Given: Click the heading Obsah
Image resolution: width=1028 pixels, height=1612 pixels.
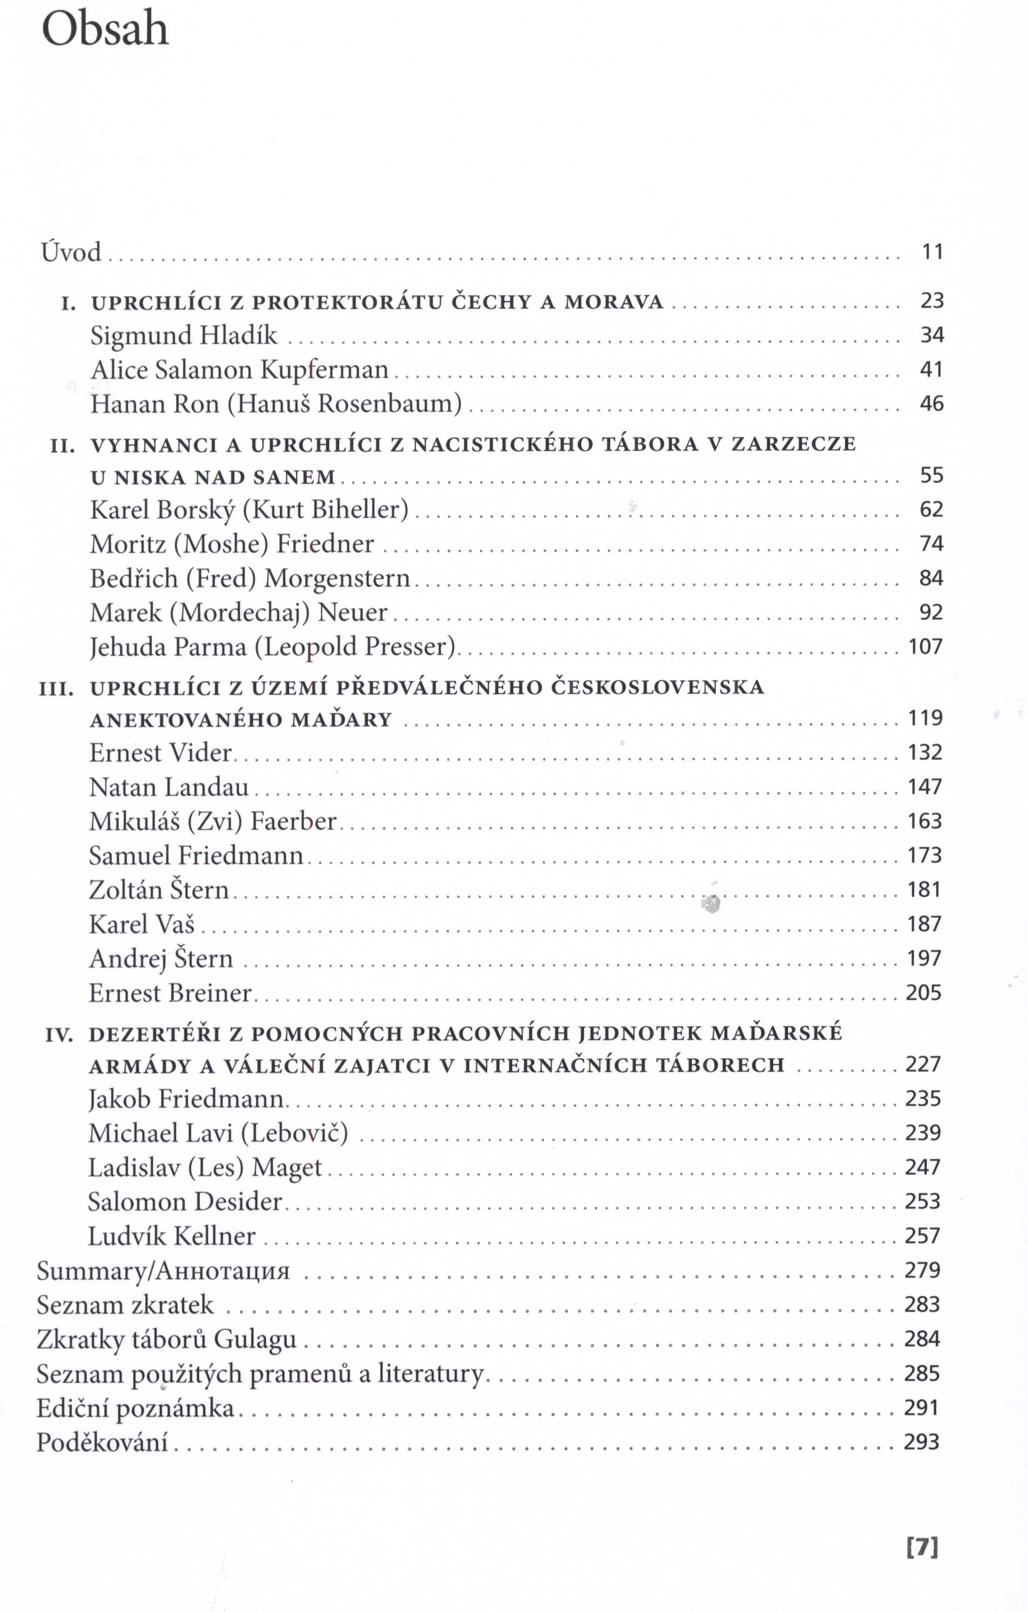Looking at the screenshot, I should [105, 30].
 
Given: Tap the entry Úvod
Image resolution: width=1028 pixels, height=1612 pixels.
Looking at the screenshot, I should [71, 252].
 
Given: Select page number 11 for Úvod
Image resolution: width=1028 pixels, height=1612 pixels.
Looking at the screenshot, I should [932, 252].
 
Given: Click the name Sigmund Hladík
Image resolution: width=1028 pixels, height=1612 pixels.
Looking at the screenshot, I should [184, 335].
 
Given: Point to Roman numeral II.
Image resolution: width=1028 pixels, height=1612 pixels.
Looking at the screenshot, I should [62, 445].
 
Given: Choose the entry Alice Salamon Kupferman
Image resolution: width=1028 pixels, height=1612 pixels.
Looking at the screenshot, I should [239, 370].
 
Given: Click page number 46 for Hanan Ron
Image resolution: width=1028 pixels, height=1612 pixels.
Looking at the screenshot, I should [932, 404].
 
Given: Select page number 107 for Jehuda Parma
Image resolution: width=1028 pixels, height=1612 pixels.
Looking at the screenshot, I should [925, 647].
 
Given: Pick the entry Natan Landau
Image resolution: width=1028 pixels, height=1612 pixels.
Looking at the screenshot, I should [169, 787].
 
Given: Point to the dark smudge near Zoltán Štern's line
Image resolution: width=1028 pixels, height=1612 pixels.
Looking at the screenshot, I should [711, 905].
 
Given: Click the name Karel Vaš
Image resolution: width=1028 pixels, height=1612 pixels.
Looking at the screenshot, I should [141, 925].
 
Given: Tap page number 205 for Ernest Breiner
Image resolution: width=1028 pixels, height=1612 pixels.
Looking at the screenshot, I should [924, 993].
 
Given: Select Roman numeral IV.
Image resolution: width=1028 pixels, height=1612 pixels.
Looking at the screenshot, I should [59, 1036].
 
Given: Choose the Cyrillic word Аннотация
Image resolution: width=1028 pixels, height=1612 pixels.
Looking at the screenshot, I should [222, 1270].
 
